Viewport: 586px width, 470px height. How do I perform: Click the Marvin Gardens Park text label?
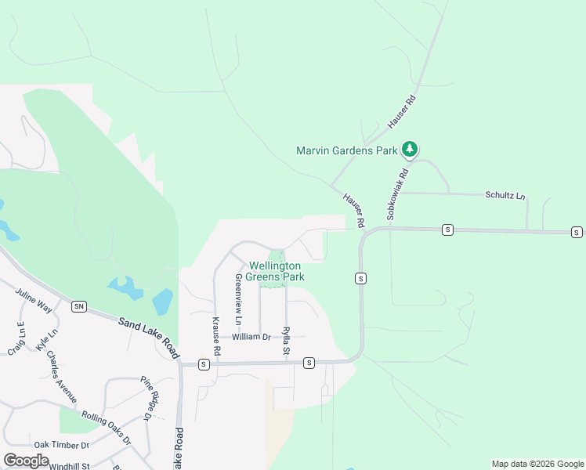pos(346,150)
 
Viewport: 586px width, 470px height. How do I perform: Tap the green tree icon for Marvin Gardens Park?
pos(409,149)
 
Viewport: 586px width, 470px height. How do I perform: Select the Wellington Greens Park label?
pos(275,272)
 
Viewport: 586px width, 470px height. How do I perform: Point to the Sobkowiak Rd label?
pos(396,194)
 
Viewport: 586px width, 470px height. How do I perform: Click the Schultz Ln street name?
pos(505,196)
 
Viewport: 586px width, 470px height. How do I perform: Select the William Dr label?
pos(250,337)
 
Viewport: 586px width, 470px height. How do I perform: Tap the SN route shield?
pos(78,306)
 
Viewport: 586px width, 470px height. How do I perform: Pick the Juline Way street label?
pos(33,301)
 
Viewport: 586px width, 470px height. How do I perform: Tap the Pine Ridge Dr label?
pos(150,398)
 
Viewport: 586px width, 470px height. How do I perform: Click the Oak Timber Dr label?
pos(58,444)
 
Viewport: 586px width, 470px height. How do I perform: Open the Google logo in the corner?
pos(27,461)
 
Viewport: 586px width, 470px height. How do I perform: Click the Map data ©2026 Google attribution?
pos(537,464)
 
